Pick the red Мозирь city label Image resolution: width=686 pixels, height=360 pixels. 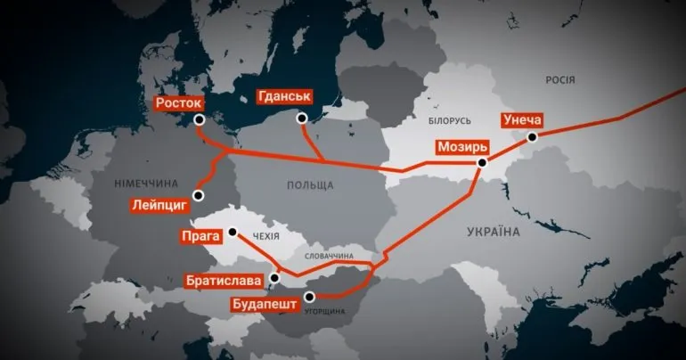pos(461,146)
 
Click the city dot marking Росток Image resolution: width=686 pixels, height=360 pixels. pos(199,119)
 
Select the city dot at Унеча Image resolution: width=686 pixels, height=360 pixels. pos(532,137)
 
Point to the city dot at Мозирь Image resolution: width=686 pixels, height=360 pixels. pos(482,163)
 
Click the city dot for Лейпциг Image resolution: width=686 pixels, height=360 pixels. pos(199,194)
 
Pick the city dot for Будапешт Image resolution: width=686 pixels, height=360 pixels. pos(309,298)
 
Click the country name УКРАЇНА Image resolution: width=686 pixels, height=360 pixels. pos(493,232)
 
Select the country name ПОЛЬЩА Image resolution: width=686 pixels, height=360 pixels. pos(311,185)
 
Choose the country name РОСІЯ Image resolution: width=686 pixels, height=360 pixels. pos(560,80)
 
